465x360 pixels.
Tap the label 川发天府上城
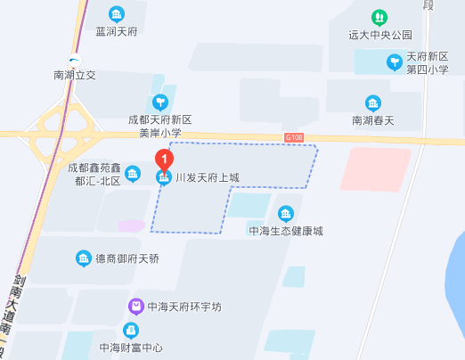tap(207, 178)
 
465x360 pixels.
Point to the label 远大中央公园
tap(380, 36)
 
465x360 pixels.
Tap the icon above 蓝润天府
tap(117, 14)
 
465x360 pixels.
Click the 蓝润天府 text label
tap(117, 33)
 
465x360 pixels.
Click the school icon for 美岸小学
tap(160, 102)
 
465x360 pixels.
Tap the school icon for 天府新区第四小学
tap(394, 61)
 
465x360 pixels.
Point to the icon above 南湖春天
tap(372, 102)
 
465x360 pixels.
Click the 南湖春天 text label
tap(372, 120)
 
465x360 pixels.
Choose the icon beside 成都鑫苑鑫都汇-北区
tap(133, 173)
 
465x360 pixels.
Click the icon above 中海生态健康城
tap(285, 213)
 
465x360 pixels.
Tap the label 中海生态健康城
tap(285, 231)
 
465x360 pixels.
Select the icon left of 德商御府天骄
tap(82, 258)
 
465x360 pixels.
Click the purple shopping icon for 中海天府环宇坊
tap(135, 307)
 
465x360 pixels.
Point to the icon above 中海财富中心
tap(131, 331)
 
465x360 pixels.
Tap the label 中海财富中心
tap(132, 348)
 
